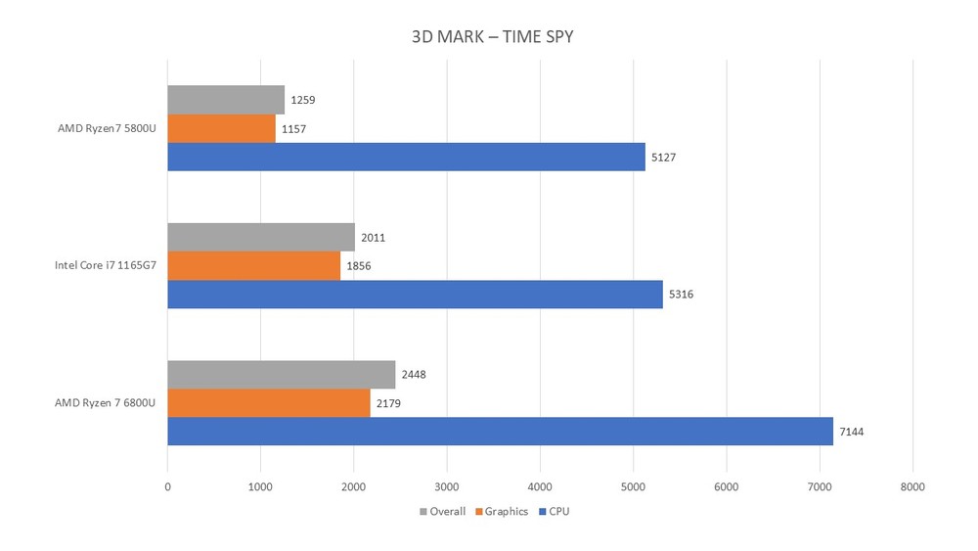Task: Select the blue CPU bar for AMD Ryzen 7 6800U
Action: tap(500, 431)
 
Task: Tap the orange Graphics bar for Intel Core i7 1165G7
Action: tap(253, 265)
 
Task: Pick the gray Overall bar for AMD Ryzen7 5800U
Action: tap(226, 100)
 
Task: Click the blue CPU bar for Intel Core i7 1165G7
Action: tap(415, 294)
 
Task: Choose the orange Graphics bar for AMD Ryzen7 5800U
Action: tap(221, 128)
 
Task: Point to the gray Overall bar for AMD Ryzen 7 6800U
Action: tap(281, 374)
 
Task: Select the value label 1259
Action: tap(302, 100)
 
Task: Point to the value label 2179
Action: tap(387, 402)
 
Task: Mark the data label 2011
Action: tap(373, 237)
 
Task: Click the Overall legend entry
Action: tap(442, 512)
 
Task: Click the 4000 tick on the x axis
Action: tap(540, 485)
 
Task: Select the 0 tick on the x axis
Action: tap(167, 485)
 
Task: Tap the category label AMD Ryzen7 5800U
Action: tap(106, 128)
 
